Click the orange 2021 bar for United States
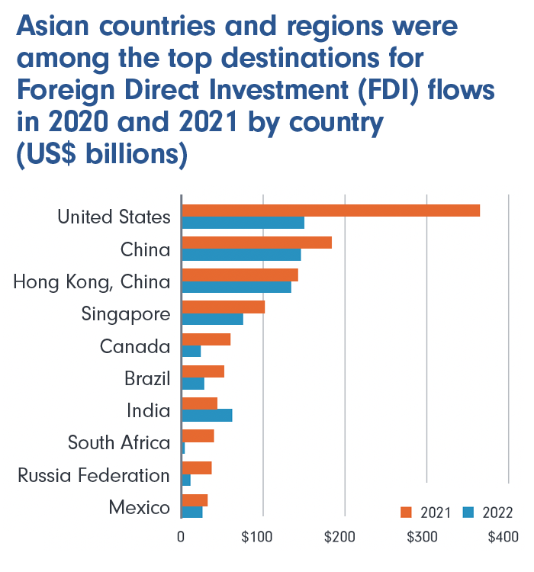pos(330,210)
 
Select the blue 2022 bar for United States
pos(243,223)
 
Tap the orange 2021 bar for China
pos(256,243)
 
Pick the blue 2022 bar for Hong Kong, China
pos(236,288)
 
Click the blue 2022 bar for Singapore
pos(212,320)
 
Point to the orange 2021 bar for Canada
pos(206,339)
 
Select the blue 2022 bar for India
pos(207,416)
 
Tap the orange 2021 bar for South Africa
pos(198,435)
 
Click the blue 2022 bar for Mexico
pos(192,512)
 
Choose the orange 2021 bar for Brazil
pos(203,371)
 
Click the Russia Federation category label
pos(94,476)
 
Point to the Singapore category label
pos(126,313)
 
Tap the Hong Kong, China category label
pos(92,282)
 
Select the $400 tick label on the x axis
pos(503,538)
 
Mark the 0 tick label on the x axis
pos(181,538)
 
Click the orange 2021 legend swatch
pos(406,512)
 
